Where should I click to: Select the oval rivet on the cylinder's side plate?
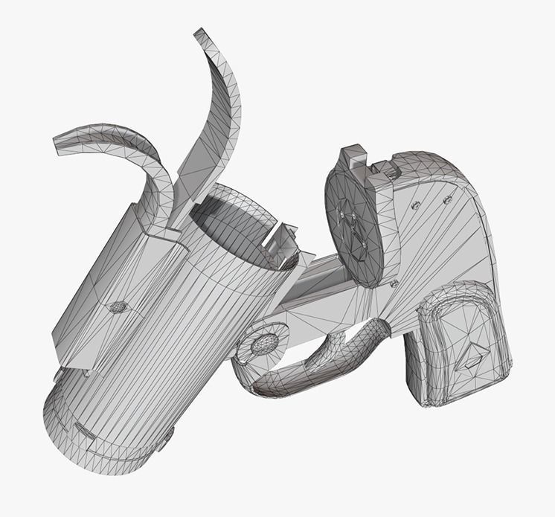click(118, 306)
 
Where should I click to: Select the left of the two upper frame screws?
click(417, 205)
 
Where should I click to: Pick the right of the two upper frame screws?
click(448, 199)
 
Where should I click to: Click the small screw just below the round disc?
click(394, 283)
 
